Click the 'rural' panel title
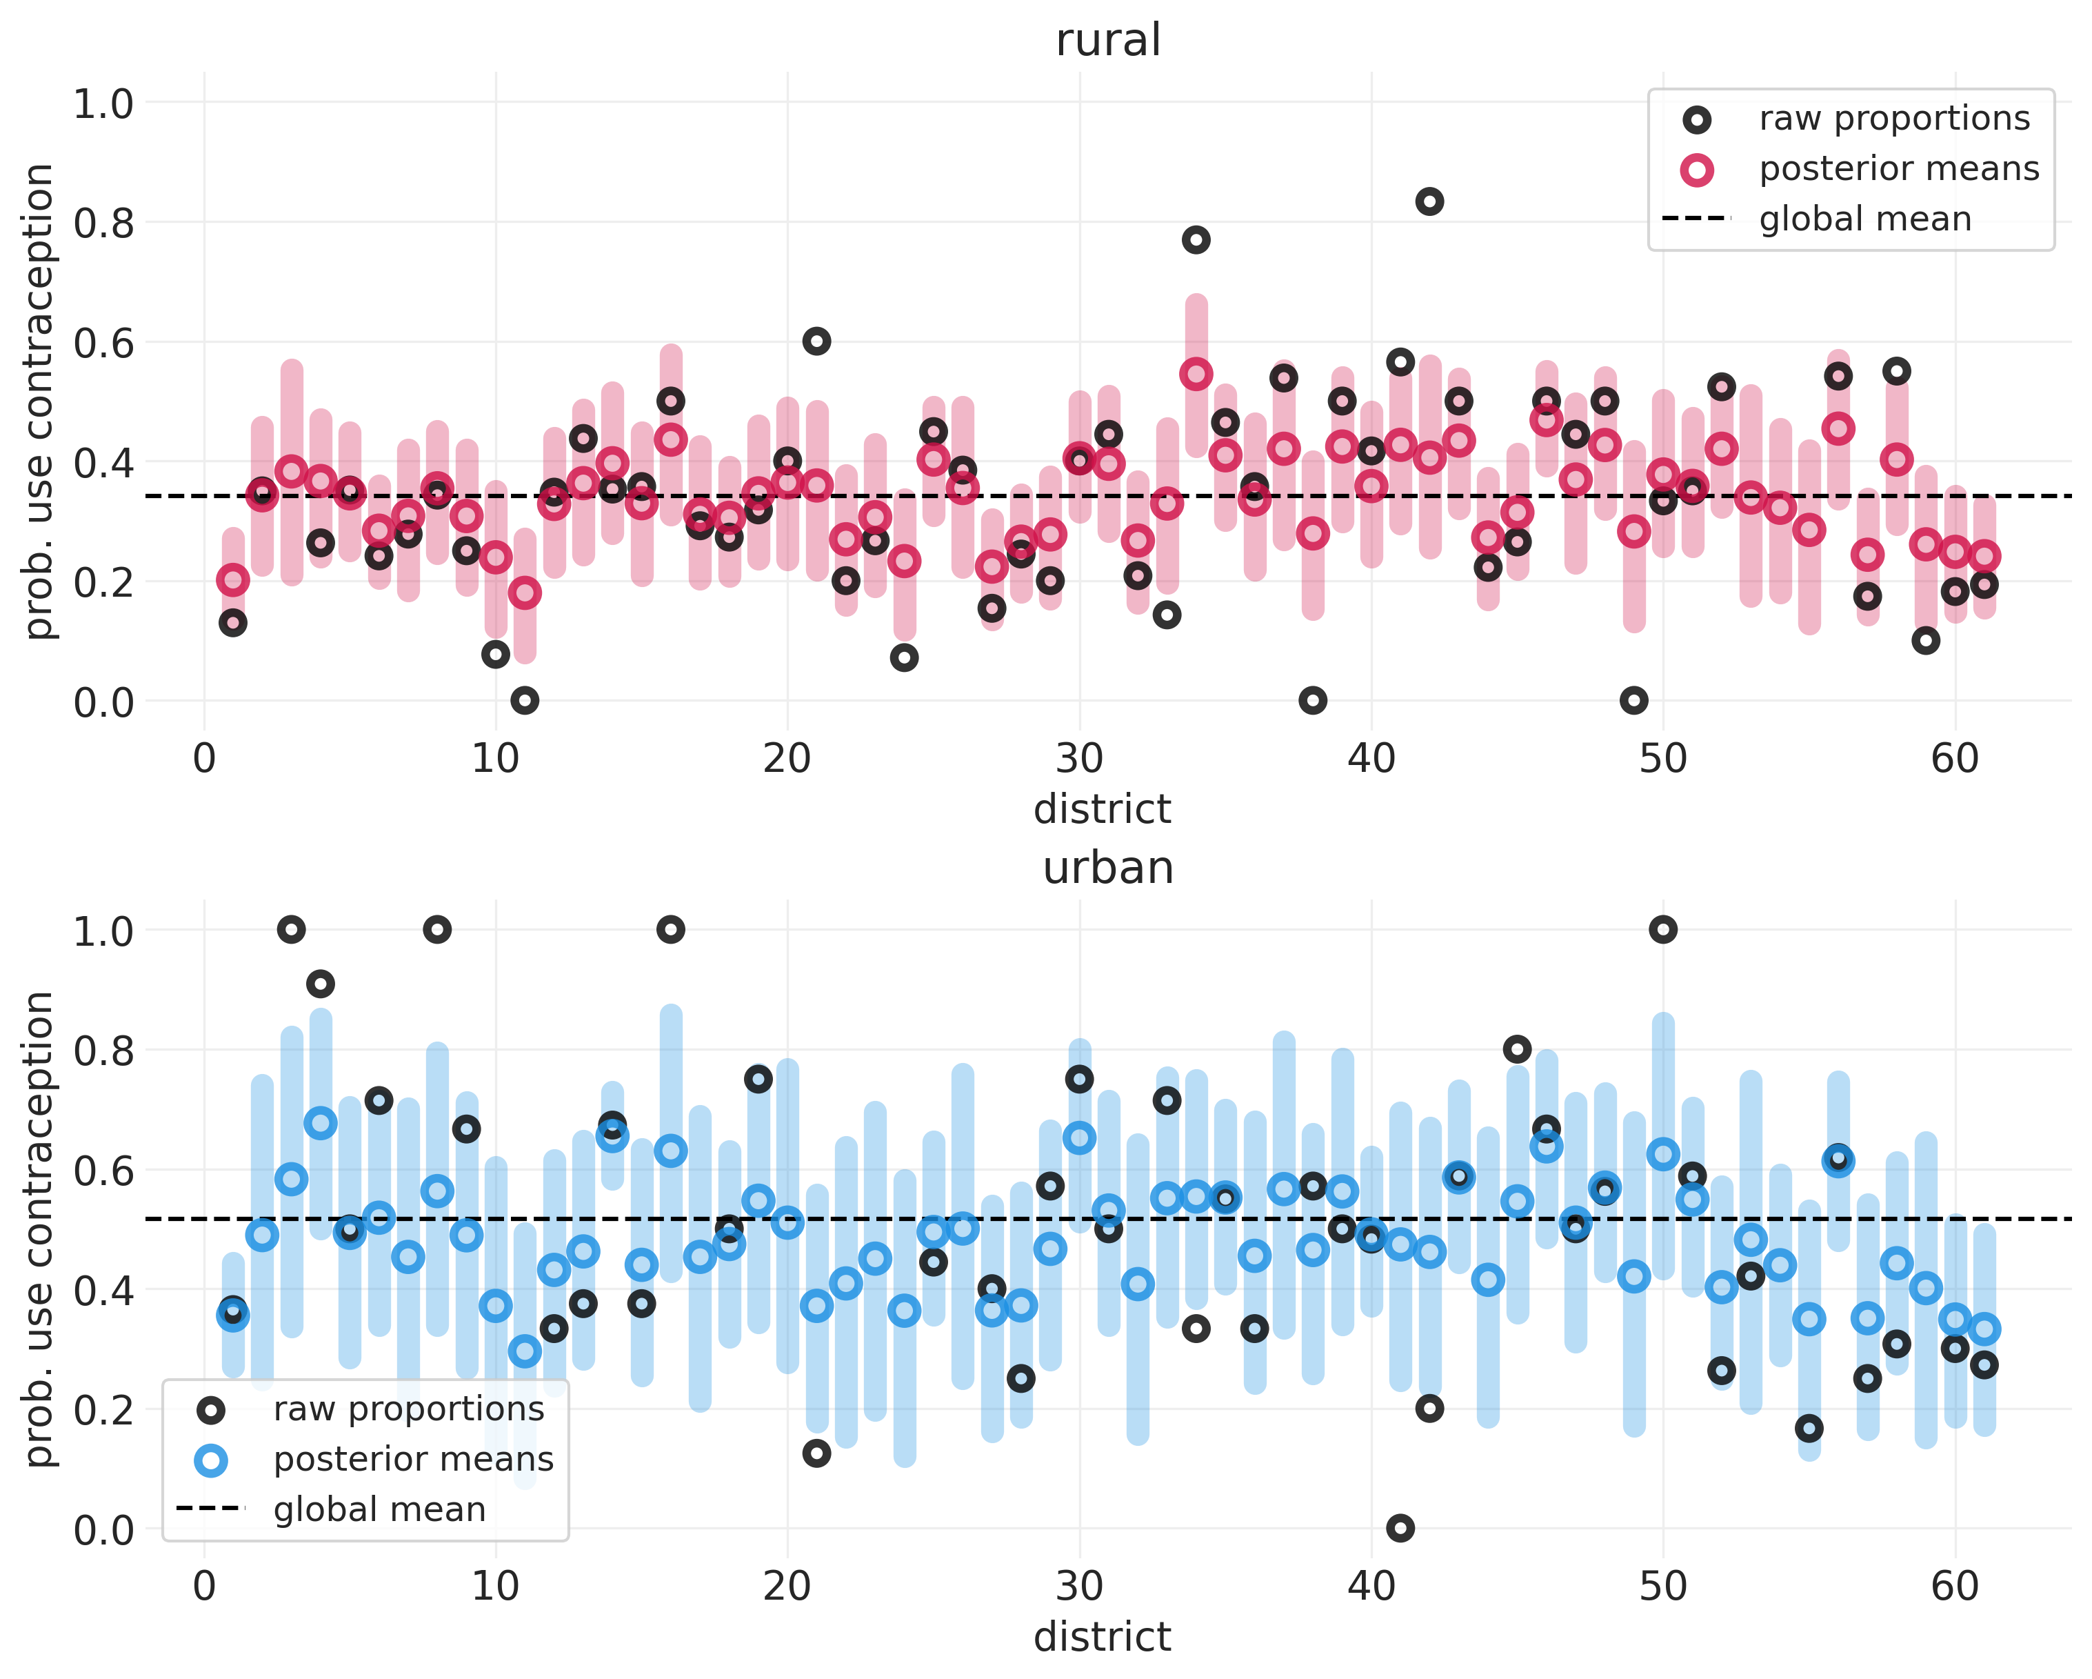(x=1108, y=41)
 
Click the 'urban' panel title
(x=1108, y=868)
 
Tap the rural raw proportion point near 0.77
(x=1196, y=240)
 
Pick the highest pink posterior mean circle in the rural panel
(x=1196, y=374)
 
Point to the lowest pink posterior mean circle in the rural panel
(x=525, y=592)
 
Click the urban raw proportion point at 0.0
(x=1400, y=1529)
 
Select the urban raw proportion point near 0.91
(x=320, y=984)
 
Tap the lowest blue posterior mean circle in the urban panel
(x=525, y=1351)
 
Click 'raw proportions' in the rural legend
(x=1894, y=119)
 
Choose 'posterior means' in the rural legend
(x=1899, y=169)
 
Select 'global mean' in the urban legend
(x=379, y=1510)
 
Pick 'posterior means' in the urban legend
(x=413, y=1460)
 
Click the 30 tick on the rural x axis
(x=1079, y=759)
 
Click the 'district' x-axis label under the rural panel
(x=1103, y=809)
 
